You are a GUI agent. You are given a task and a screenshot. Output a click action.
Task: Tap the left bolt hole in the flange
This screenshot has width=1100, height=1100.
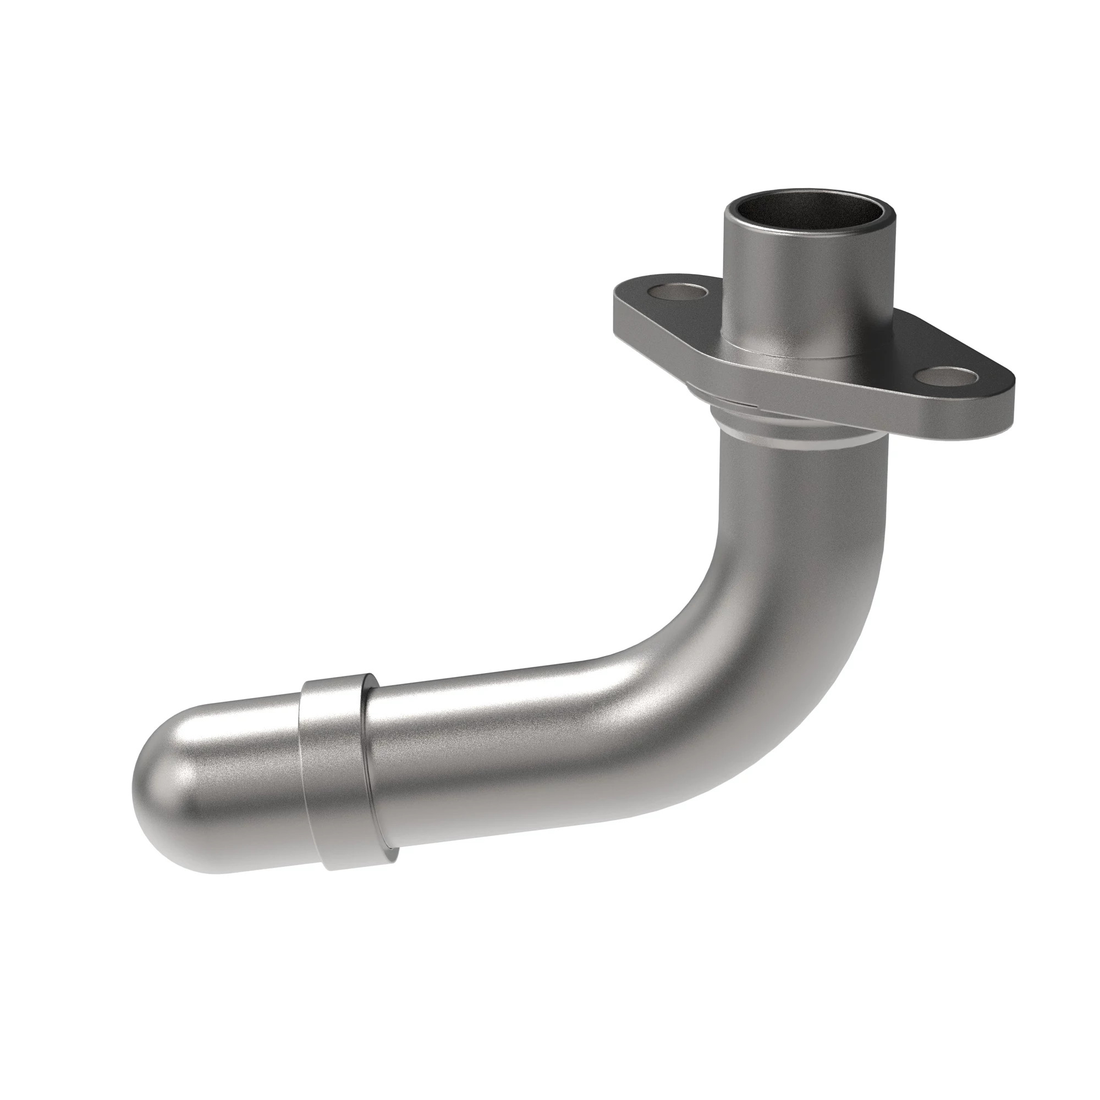point(681,294)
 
